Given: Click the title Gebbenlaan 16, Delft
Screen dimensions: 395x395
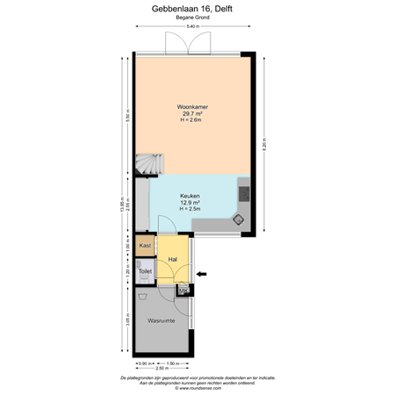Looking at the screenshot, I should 197,10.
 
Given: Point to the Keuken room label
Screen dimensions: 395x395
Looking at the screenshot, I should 190,196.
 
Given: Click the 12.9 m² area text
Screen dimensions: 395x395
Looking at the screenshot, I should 190,203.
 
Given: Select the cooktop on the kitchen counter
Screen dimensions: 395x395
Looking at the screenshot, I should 244,194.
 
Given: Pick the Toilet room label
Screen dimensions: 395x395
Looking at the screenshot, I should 146,272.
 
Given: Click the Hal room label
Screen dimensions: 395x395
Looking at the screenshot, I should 173,260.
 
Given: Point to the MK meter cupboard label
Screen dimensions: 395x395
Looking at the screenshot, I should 183,291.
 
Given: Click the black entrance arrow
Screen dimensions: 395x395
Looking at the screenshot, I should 202,275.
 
